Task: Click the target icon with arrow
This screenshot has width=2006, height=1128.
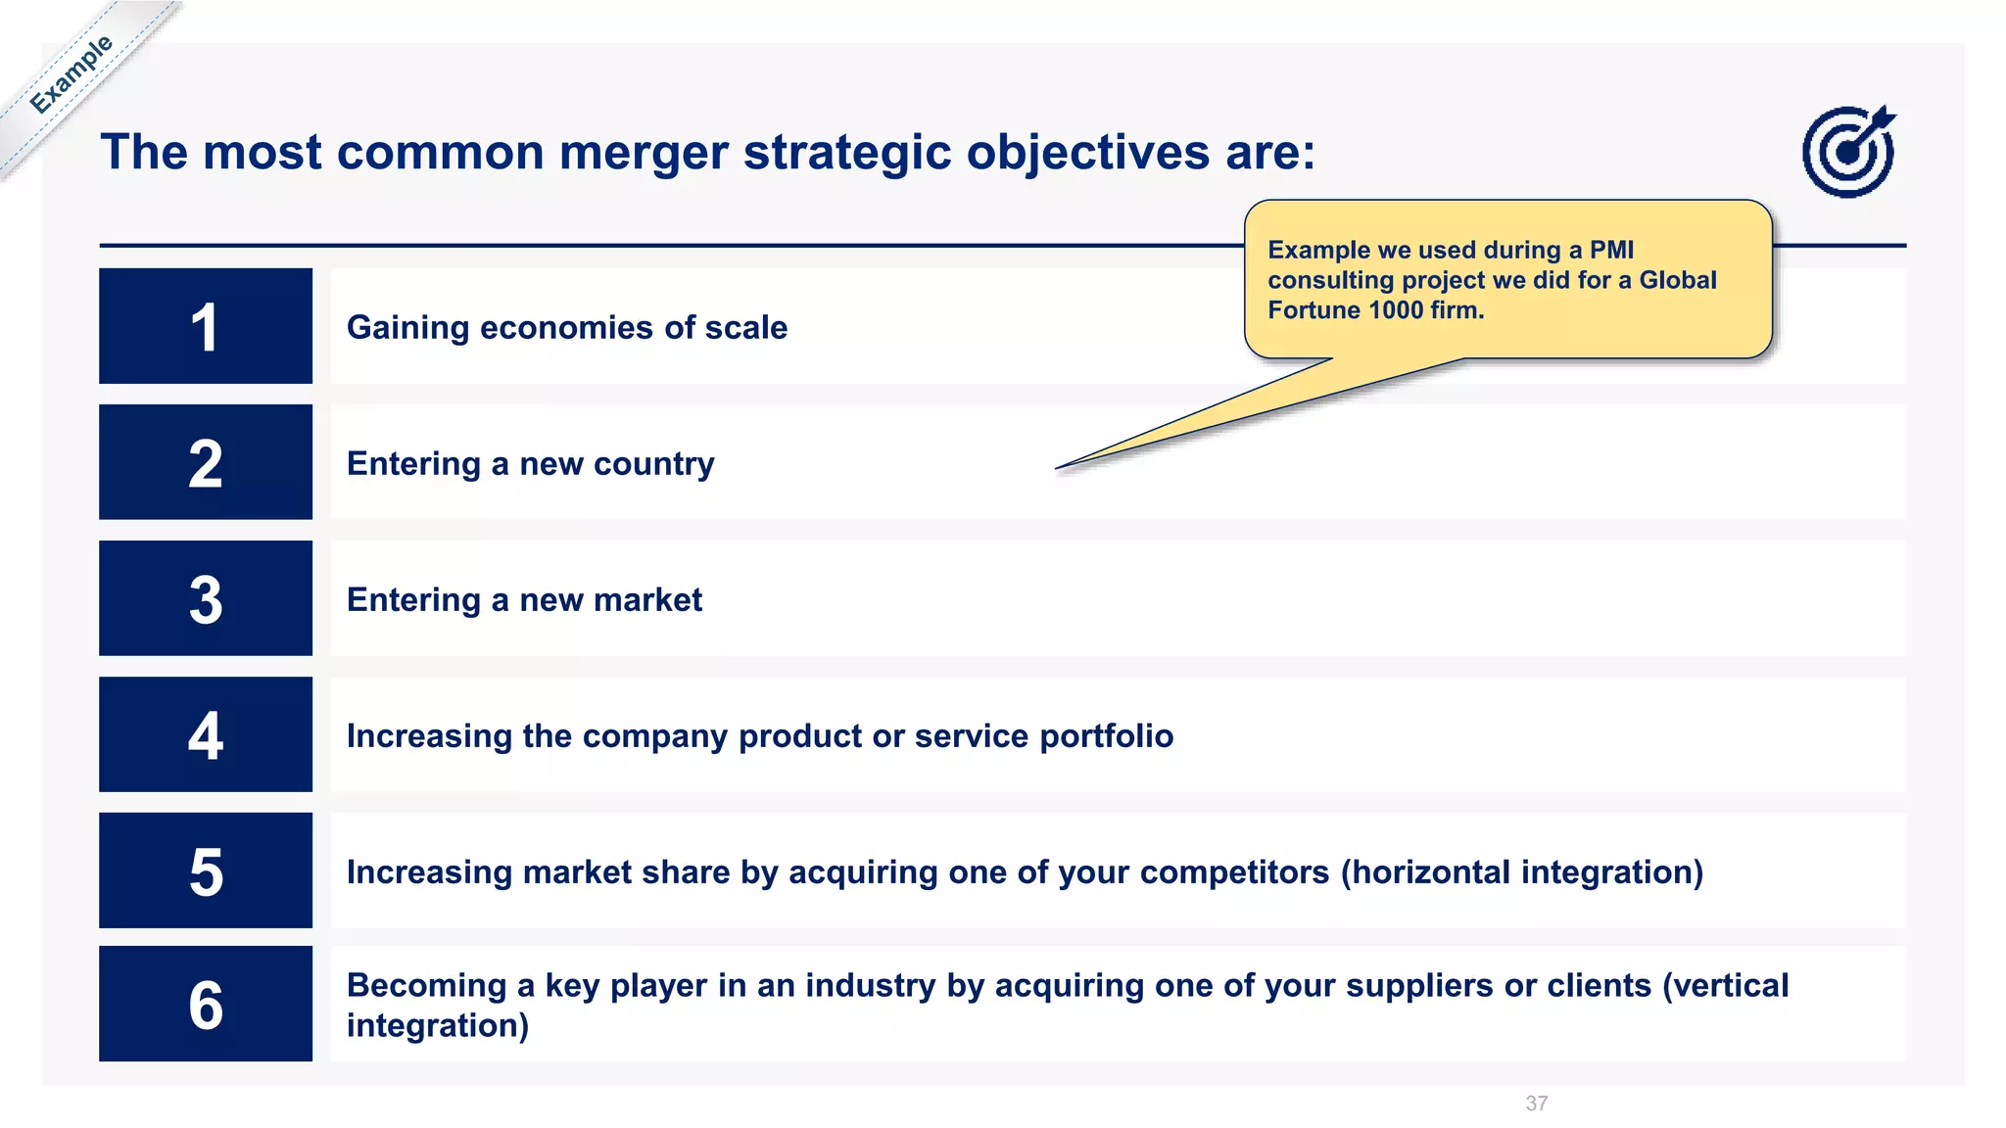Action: click(1848, 152)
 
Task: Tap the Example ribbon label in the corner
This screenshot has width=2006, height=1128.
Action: click(71, 74)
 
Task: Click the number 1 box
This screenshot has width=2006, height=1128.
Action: click(206, 326)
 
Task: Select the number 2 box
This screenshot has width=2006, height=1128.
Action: click(206, 462)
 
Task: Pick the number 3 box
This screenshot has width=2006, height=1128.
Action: click(206, 598)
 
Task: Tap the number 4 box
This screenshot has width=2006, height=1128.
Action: click(206, 734)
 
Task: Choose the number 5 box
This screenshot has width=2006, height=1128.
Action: click(206, 870)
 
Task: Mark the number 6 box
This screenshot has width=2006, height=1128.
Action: click(206, 1004)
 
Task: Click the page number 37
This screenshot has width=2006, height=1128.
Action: click(1536, 1104)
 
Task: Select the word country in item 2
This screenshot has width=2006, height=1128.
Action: click(653, 464)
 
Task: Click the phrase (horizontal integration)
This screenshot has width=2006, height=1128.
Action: click(1521, 872)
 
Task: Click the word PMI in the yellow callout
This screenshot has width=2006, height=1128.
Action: click(1611, 250)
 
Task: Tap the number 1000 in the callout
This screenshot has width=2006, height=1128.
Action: click(1396, 310)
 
